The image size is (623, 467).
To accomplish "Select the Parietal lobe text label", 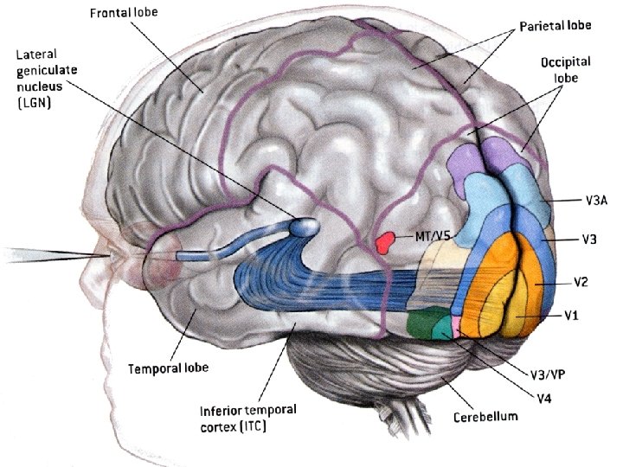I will point(556,26).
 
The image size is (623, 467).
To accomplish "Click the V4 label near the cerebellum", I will point(543,398).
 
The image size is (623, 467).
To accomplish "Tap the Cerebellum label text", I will point(485,417).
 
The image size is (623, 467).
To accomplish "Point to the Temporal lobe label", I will point(169,368).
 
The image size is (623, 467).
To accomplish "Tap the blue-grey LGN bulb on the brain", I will point(303,227).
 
